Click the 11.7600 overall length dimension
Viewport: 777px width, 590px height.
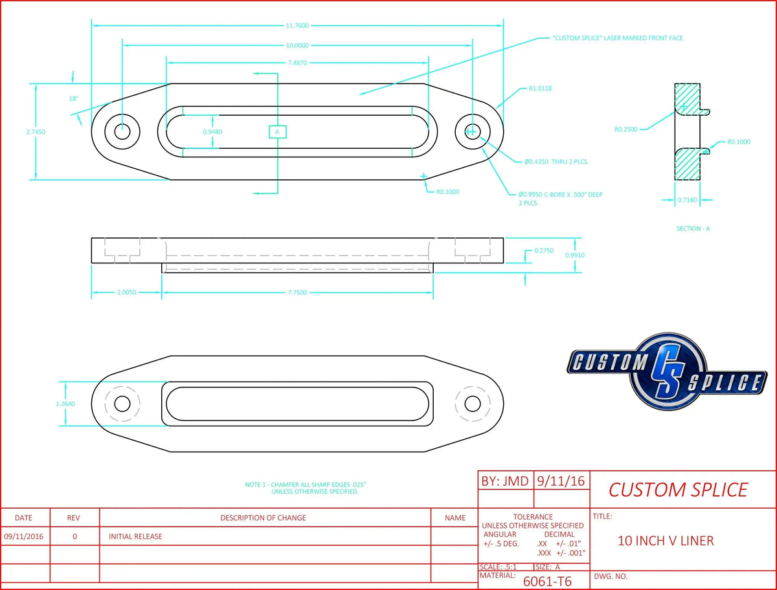click(297, 26)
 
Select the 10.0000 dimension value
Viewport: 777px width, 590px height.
click(297, 46)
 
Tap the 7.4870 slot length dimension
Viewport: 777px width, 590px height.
click(297, 63)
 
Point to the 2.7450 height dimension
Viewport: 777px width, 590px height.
click(36, 131)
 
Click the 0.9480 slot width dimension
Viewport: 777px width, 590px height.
click(212, 131)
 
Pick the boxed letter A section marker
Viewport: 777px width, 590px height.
click(277, 131)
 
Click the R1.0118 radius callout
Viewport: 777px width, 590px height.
click(541, 88)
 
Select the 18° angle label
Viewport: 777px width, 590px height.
click(73, 98)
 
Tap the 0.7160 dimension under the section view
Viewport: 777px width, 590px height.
click(687, 201)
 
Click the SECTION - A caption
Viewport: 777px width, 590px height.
click(692, 228)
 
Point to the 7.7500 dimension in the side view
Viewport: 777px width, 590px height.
click(297, 293)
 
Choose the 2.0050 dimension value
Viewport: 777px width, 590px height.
click(126, 293)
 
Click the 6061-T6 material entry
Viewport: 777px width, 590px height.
click(547, 581)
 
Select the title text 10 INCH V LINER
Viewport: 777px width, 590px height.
click(666, 541)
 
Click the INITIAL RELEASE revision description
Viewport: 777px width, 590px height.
click(135, 536)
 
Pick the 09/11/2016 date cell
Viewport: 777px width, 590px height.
click(23, 536)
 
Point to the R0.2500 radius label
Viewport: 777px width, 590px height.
click(626, 129)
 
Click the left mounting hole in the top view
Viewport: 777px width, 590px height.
click(122, 131)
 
